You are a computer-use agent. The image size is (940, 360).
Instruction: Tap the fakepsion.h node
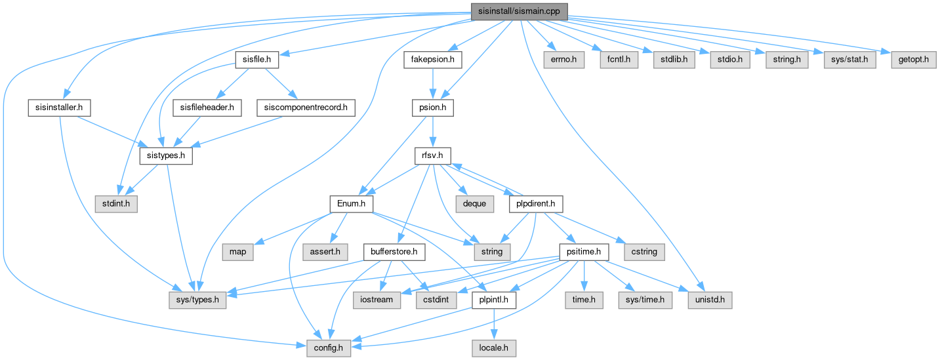(x=433, y=60)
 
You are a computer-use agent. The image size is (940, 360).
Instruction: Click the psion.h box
(x=432, y=106)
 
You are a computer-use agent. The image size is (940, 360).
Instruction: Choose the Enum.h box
(x=351, y=204)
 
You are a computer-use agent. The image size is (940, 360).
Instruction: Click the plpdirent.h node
(x=536, y=204)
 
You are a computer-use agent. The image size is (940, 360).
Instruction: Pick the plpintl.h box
(x=493, y=300)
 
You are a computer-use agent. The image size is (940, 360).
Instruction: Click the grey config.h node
(x=329, y=348)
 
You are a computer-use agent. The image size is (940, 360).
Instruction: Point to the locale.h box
(x=493, y=348)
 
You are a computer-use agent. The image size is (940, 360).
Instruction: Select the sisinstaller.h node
(x=60, y=106)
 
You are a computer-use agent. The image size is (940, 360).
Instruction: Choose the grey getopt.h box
(x=912, y=60)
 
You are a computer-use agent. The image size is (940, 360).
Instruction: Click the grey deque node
(x=474, y=204)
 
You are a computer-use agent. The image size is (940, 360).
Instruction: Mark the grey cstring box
(x=644, y=251)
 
